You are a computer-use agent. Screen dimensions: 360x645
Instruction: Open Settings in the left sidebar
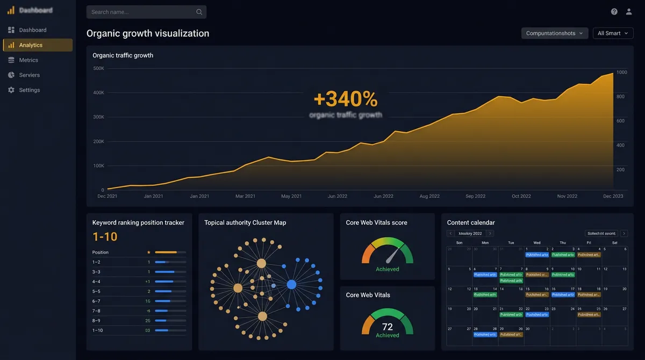[29, 90]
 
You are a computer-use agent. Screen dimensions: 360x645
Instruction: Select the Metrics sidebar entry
[28, 60]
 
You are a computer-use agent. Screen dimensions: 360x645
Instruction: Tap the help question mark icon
[614, 12]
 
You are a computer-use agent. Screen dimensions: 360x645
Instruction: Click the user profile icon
[629, 12]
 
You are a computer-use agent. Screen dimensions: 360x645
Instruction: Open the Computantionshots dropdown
[554, 33]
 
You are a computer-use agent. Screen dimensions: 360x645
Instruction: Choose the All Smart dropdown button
[613, 33]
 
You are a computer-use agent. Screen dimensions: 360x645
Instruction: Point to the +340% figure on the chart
[346, 99]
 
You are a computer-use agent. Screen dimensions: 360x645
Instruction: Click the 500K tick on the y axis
[99, 68]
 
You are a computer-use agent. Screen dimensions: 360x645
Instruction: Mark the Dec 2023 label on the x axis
[613, 196]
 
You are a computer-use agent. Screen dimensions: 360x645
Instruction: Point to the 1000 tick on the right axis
[621, 72]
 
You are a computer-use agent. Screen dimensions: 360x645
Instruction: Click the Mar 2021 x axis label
[246, 196]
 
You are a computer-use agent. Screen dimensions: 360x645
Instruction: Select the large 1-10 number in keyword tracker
[105, 237]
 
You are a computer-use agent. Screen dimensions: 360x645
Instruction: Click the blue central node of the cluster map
[291, 284]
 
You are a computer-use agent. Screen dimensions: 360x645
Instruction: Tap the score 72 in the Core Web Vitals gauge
[388, 327]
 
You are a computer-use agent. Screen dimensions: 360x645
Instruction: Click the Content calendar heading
[471, 222]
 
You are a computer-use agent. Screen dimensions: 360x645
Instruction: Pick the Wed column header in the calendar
[537, 243]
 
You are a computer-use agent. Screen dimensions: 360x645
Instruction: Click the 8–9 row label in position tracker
[97, 320]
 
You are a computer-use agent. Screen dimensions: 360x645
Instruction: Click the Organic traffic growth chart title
[123, 55]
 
